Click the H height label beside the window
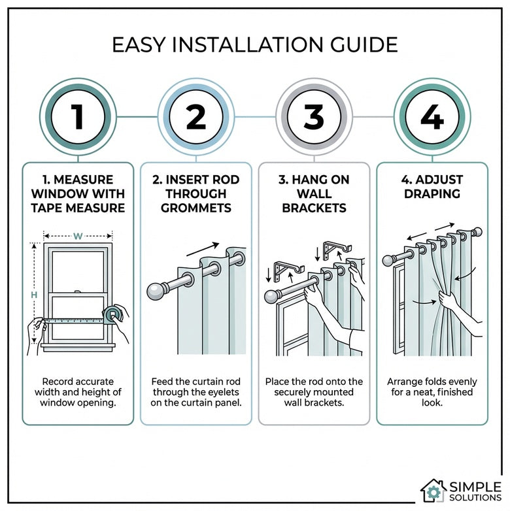click(x=33, y=295)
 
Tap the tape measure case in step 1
click(x=115, y=315)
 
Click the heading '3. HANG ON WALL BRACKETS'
click(x=314, y=193)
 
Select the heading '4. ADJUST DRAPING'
click(x=432, y=186)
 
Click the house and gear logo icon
click(x=433, y=490)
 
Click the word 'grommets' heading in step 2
click(x=196, y=208)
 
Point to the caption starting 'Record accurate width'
click(x=78, y=392)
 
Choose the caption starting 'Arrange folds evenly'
click(x=432, y=392)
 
